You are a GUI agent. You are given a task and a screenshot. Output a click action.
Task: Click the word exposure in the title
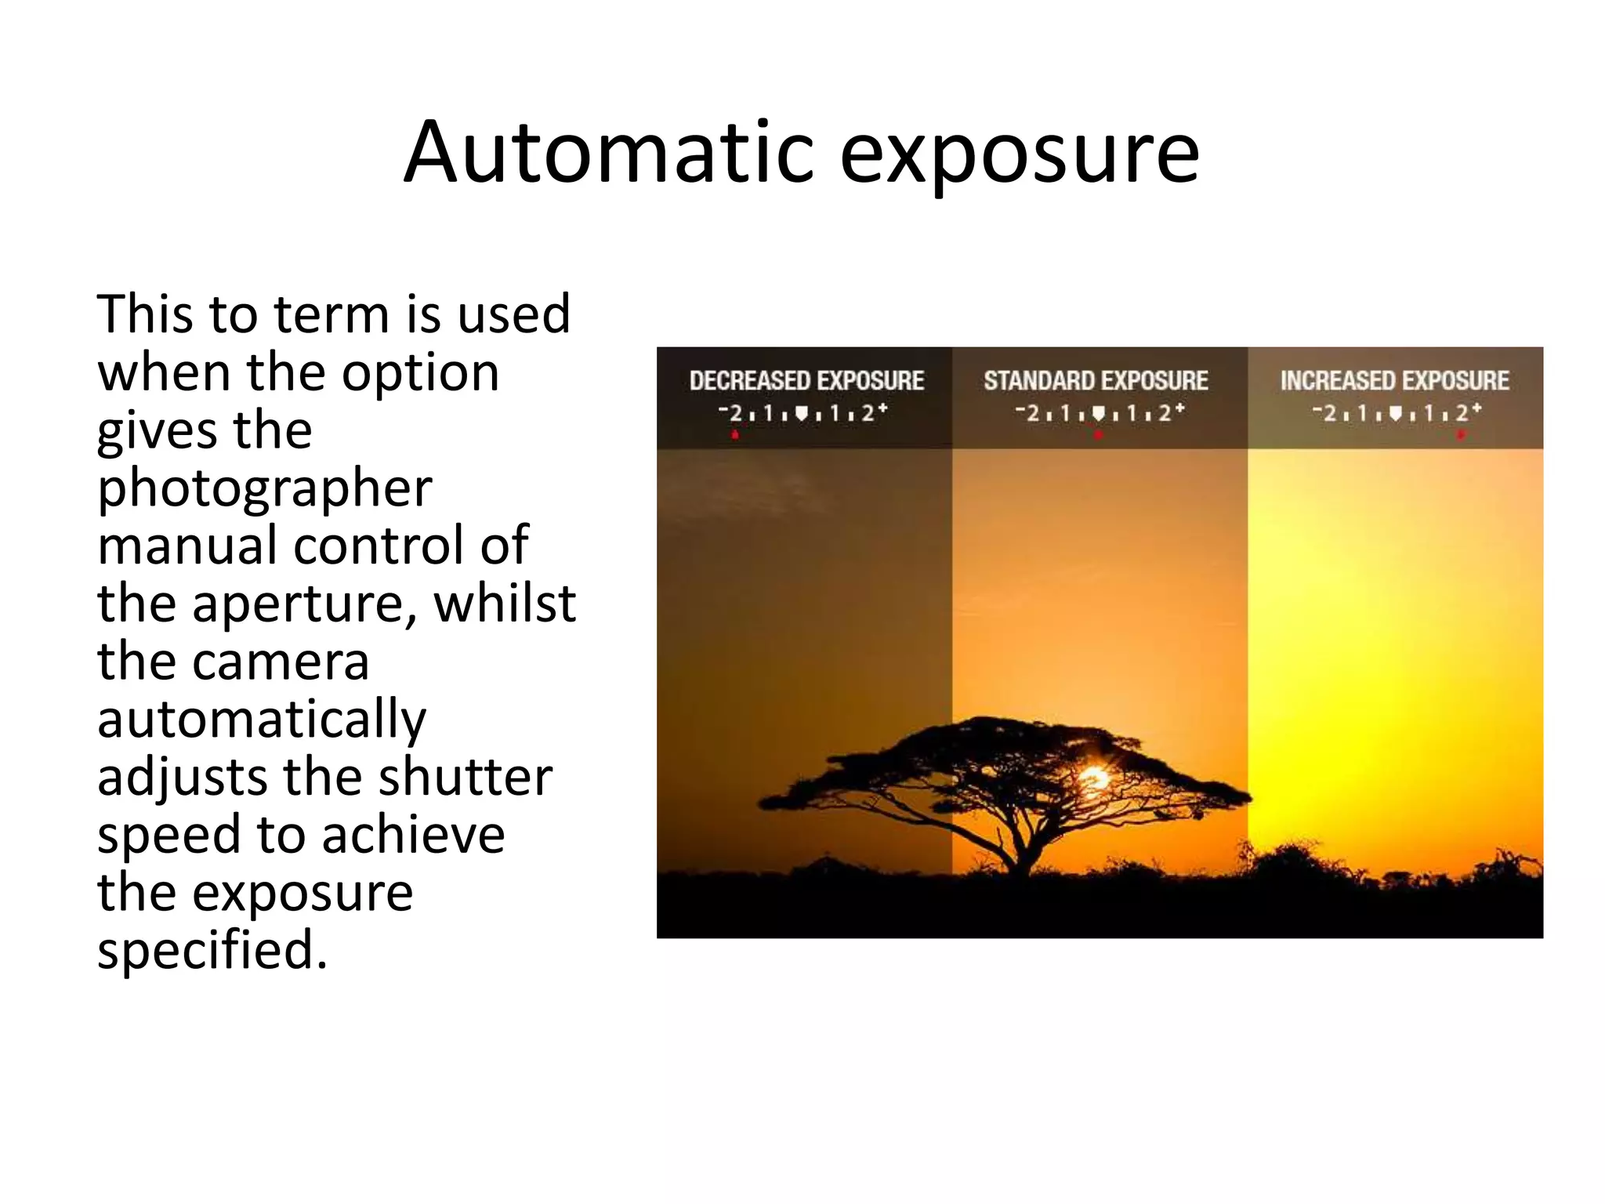(1019, 155)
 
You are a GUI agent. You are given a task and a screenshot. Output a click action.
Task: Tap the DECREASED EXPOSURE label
(806, 381)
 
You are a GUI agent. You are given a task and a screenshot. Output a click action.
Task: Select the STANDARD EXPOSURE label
(1096, 381)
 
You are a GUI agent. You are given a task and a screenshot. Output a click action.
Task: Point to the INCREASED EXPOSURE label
(1394, 381)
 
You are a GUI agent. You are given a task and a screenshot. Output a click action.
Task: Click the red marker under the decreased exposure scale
(735, 435)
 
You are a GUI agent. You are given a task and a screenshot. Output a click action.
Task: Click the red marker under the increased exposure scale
(1460, 435)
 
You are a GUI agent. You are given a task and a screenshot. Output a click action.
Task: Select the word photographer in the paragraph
(264, 488)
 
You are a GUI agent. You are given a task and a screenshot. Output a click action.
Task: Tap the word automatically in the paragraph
(262, 720)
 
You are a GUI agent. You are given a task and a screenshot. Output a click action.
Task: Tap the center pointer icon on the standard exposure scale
(1098, 413)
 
